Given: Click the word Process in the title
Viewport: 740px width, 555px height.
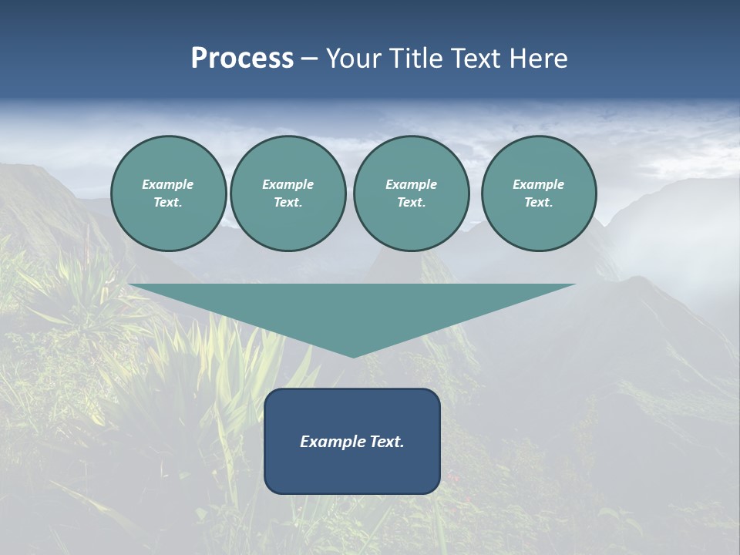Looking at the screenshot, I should tap(242, 59).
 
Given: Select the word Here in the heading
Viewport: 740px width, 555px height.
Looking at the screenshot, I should tap(539, 59).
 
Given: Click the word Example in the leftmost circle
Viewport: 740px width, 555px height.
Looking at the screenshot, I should tap(168, 184).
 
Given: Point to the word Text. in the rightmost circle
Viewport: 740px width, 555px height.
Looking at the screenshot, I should tap(538, 202).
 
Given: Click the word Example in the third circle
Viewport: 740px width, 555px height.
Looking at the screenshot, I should tap(411, 184).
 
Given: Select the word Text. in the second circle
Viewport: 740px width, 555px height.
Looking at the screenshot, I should tap(288, 202).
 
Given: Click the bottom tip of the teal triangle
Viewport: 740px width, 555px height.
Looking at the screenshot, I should tap(353, 355).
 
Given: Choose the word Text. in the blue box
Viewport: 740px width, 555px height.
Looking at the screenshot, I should tap(386, 442).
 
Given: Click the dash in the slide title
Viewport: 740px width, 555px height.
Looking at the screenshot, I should tap(309, 59).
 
